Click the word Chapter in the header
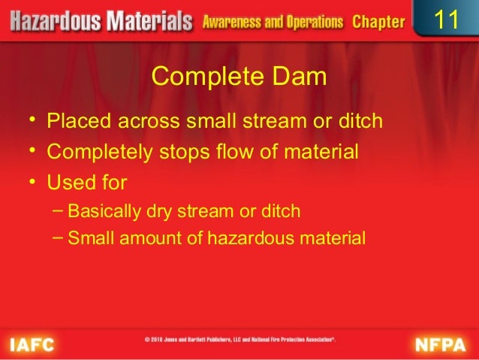(x=378, y=22)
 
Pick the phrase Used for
(x=87, y=182)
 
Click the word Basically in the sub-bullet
(x=104, y=211)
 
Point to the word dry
(x=158, y=211)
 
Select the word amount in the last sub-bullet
(x=142, y=239)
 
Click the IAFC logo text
(x=32, y=344)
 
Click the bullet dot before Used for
(x=33, y=182)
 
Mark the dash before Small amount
(x=59, y=238)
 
